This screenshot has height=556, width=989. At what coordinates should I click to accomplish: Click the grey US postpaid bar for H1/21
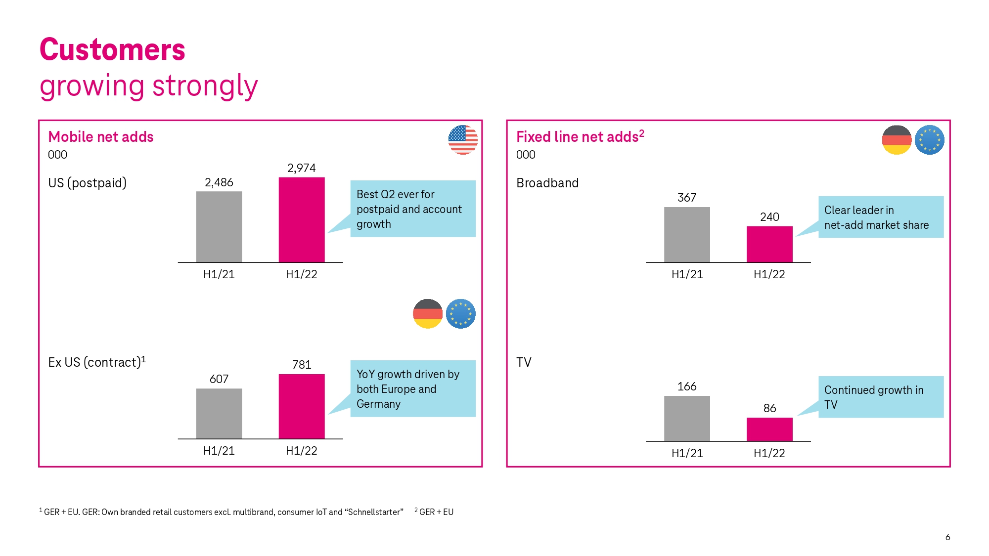tap(219, 227)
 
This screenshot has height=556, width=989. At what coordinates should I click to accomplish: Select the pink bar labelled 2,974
tap(302, 220)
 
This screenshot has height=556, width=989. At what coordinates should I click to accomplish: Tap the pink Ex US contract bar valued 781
tap(302, 406)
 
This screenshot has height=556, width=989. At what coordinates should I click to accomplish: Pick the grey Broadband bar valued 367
tap(687, 235)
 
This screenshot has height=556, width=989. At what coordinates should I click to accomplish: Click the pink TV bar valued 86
tap(769, 429)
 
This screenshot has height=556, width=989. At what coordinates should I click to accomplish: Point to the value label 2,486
tap(219, 182)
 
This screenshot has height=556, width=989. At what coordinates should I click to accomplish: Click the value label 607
tap(219, 379)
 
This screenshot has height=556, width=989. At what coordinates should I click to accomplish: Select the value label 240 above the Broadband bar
tap(769, 217)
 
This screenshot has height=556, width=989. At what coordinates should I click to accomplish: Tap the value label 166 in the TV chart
tap(687, 386)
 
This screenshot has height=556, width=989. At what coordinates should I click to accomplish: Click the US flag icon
tap(463, 140)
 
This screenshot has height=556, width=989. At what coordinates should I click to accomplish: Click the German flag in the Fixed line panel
tap(897, 140)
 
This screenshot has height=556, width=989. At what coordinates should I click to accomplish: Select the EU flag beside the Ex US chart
tap(460, 314)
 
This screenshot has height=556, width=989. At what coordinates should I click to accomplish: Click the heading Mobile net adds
tap(101, 137)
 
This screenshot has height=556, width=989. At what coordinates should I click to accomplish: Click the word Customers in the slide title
tap(112, 49)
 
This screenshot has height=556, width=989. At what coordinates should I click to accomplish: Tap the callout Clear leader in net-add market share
tap(881, 217)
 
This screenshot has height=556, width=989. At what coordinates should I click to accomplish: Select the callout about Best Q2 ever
tap(413, 209)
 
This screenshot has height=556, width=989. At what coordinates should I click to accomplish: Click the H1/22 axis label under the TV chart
tap(769, 453)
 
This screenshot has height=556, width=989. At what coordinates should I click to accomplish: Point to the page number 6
tap(947, 537)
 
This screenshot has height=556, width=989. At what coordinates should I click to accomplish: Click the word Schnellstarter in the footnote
tap(375, 512)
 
